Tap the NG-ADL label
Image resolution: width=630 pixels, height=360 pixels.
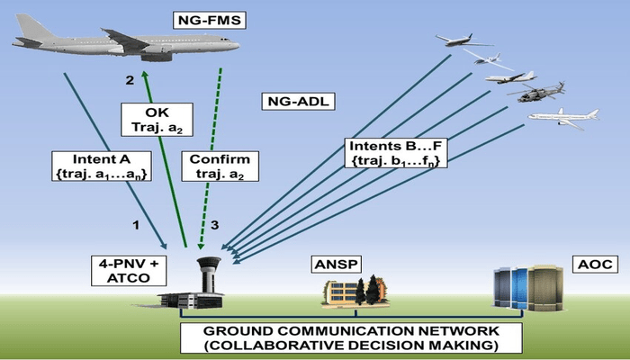tap(294, 101)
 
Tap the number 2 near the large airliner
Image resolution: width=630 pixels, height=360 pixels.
tap(129, 80)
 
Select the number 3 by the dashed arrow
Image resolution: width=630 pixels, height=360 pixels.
tap(214, 223)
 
